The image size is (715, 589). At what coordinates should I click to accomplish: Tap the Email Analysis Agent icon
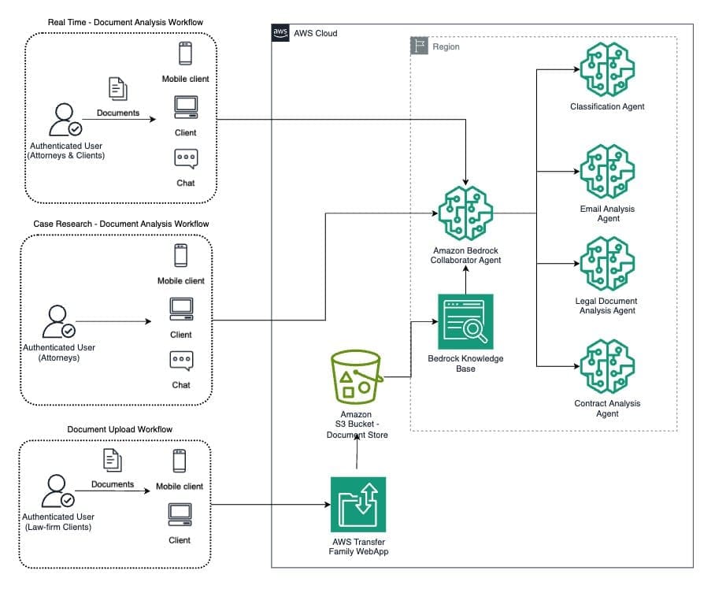click(607, 172)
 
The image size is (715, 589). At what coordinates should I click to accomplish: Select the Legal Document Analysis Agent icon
click(607, 264)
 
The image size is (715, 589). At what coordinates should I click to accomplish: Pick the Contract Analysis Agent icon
click(607, 366)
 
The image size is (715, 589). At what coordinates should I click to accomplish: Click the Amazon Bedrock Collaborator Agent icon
click(465, 213)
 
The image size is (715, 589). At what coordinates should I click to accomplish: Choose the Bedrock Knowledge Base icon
click(465, 321)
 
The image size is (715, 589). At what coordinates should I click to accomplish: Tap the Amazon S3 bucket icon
click(357, 377)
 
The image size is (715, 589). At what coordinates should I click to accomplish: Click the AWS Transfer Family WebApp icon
click(358, 505)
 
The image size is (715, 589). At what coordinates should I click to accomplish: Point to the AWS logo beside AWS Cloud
click(281, 33)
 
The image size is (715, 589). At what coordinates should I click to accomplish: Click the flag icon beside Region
click(420, 46)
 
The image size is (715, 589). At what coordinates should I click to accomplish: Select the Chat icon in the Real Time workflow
click(186, 159)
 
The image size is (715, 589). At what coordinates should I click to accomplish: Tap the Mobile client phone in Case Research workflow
click(181, 256)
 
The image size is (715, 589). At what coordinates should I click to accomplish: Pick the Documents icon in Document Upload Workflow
click(112, 461)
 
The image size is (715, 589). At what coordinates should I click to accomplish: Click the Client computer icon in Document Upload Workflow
click(180, 516)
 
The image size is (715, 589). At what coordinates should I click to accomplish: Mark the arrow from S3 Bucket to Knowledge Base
click(411, 346)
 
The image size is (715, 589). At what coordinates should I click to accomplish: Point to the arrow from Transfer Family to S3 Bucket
click(357, 454)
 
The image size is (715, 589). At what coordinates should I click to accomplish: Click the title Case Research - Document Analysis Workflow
click(120, 224)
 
